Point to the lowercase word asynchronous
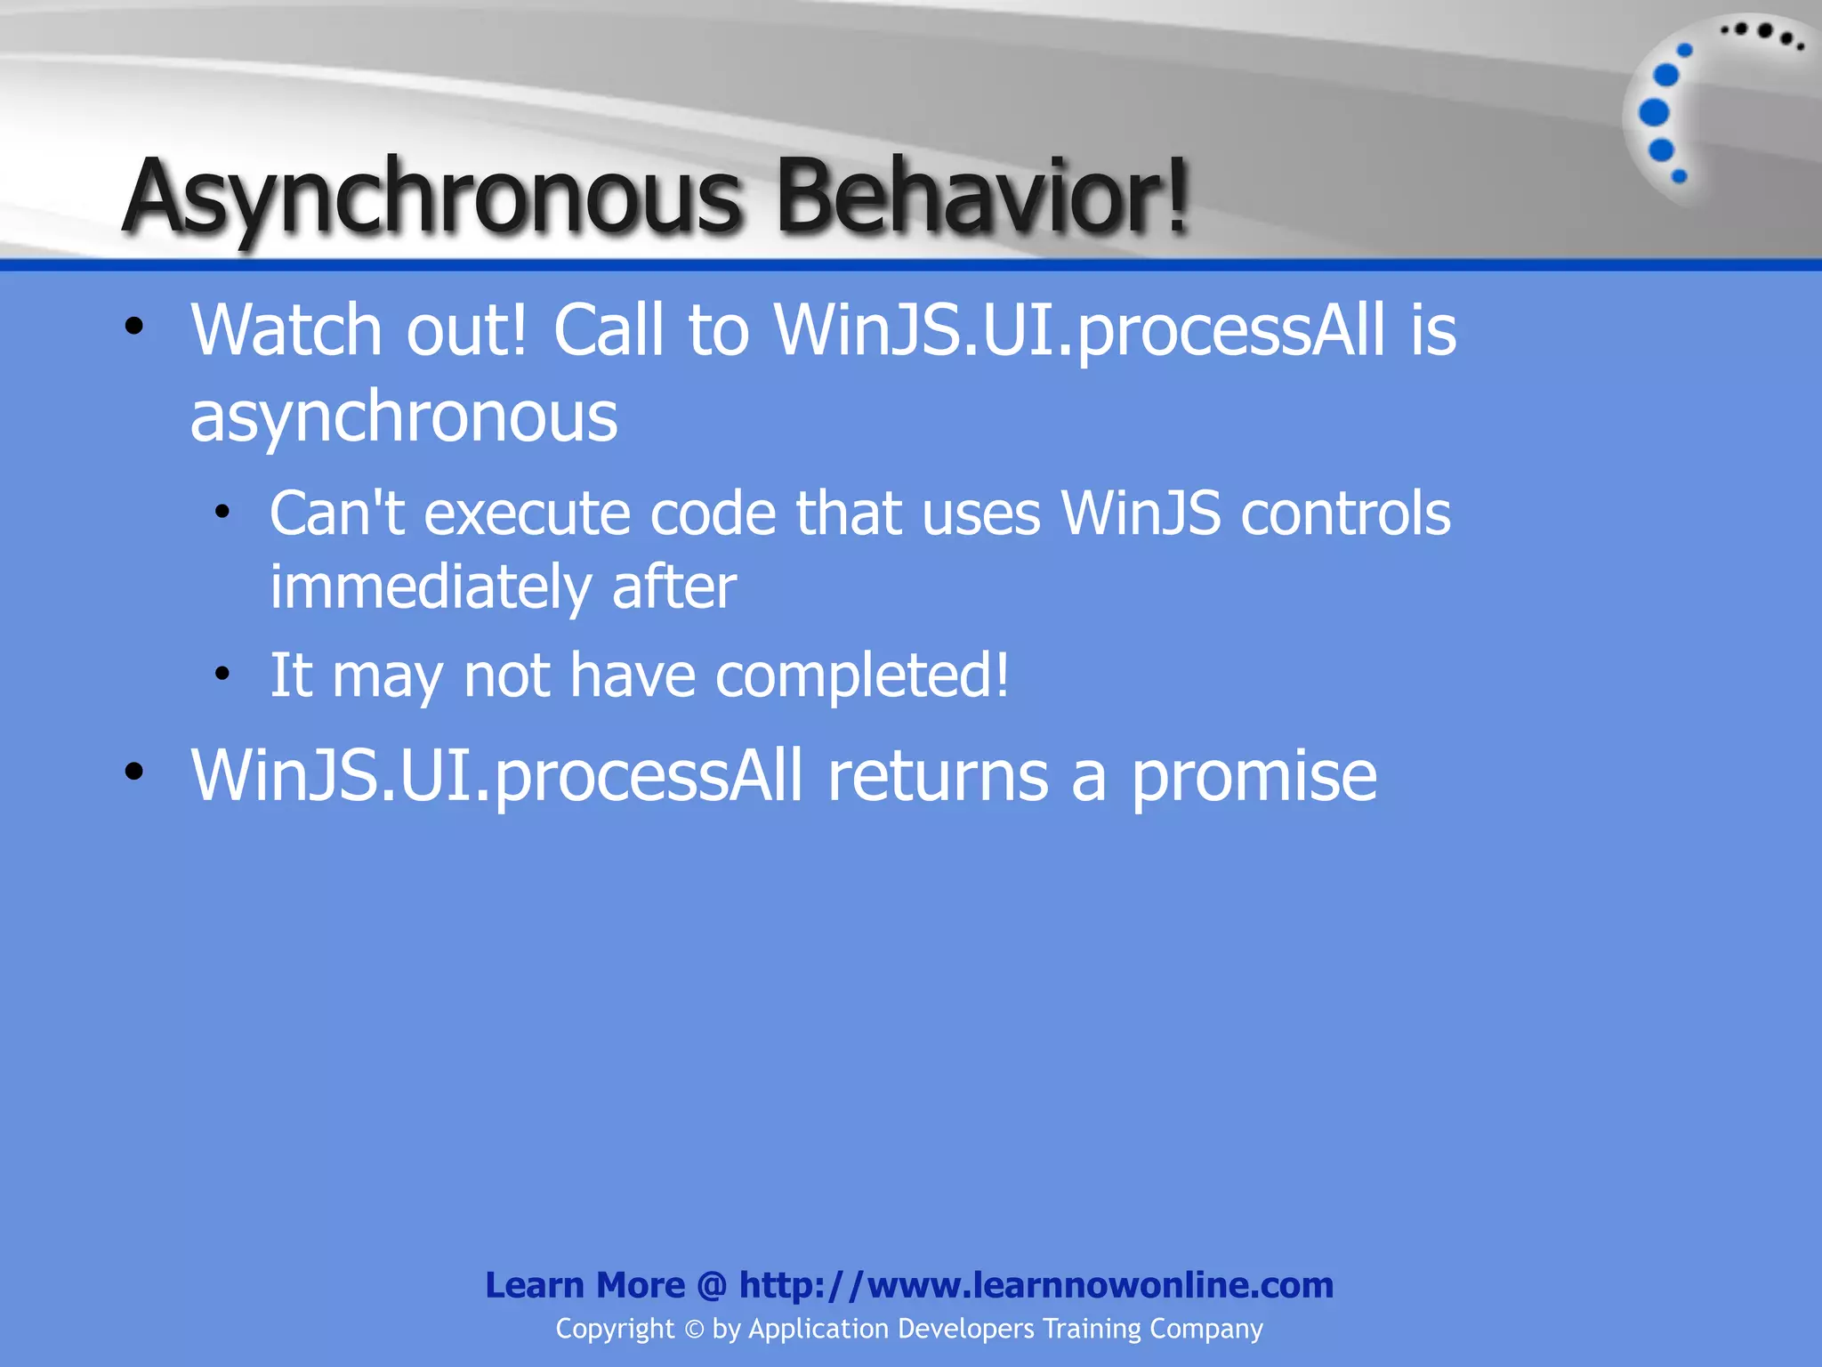pos(403,417)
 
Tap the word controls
pos(1345,514)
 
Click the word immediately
pos(431,587)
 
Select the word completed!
pos(862,675)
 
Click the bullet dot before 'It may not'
pos(222,674)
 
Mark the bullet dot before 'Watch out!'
pos(134,327)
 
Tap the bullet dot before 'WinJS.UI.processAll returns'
pos(134,771)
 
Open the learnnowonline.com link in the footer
pos(1036,1285)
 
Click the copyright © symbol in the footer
pos(694,1330)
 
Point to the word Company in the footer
pos(1205,1329)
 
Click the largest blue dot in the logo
pos(1653,113)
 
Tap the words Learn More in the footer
pos(584,1285)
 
